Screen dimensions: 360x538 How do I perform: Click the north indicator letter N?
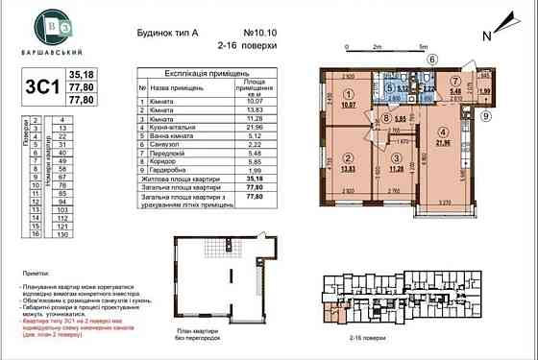488,35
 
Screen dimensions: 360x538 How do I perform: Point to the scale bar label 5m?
423,45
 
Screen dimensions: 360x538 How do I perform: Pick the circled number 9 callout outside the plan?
486,117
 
